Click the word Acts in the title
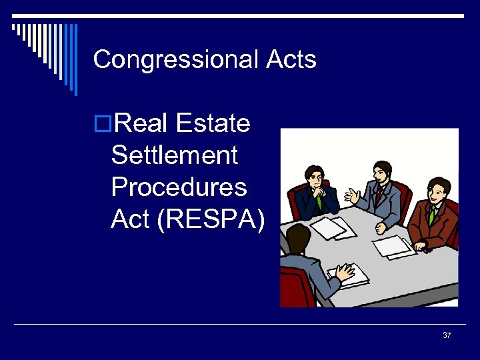pyautogui.click(x=291, y=60)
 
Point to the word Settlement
pyautogui.click(x=175, y=155)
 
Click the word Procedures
pyautogui.click(x=179, y=187)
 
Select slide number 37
pyautogui.click(x=447, y=335)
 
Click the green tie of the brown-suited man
pyautogui.click(x=432, y=214)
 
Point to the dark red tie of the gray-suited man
pyautogui.click(x=378, y=195)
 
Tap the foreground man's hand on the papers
pyautogui.click(x=345, y=271)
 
